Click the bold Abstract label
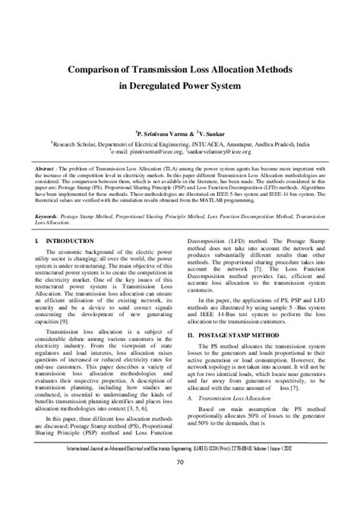(x=46, y=164)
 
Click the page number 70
(x=180, y=463)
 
